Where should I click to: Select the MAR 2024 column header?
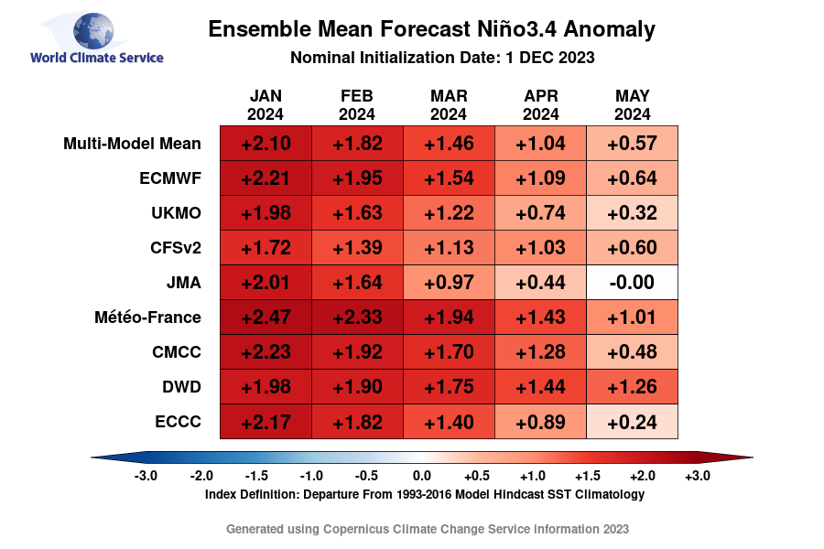449,105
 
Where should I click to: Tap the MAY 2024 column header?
632,105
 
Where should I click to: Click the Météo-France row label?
147,318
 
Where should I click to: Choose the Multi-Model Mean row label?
132,144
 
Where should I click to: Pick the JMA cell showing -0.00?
632,283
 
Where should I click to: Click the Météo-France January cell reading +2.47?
266,318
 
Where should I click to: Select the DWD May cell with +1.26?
632,387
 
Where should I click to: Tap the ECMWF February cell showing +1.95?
357,178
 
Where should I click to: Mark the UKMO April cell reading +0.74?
540,213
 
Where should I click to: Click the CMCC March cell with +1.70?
449,352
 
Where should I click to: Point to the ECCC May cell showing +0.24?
632,422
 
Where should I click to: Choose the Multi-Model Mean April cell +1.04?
540,144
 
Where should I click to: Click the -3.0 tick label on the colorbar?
146,476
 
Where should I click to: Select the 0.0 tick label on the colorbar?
421,476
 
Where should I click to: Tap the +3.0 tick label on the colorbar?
697,476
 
